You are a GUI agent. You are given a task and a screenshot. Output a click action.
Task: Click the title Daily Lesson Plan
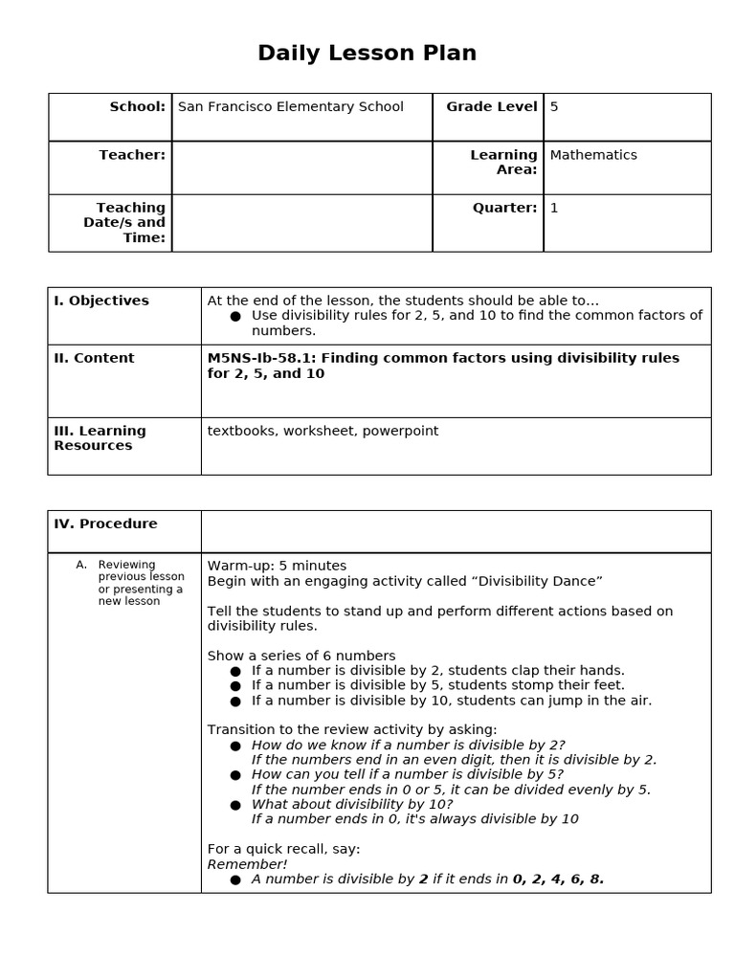pyautogui.click(x=367, y=54)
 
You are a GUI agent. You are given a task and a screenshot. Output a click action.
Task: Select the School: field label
pyautogui.click(x=137, y=107)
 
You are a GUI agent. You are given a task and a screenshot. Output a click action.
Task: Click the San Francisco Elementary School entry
pyautogui.click(x=290, y=107)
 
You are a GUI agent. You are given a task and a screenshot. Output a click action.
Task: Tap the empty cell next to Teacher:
pyautogui.click(x=301, y=167)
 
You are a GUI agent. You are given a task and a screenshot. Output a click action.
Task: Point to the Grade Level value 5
pyautogui.click(x=554, y=107)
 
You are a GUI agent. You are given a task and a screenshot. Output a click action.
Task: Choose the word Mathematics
pyautogui.click(x=592, y=155)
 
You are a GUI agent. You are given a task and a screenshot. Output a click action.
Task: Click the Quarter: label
pyautogui.click(x=504, y=208)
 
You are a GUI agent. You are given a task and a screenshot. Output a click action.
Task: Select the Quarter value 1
pyautogui.click(x=554, y=208)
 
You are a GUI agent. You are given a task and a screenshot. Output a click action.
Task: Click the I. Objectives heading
pyautogui.click(x=101, y=301)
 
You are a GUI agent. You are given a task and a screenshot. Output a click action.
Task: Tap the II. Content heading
pyautogui.click(x=94, y=358)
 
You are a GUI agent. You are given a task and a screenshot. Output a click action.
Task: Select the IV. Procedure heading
pyautogui.click(x=105, y=523)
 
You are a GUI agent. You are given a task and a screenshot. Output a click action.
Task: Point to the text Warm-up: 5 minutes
pyautogui.click(x=277, y=566)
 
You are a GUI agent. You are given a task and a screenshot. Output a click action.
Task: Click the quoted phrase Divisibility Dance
pyautogui.click(x=540, y=581)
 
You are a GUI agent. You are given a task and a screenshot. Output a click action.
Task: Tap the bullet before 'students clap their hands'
pyautogui.click(x=235, y=671)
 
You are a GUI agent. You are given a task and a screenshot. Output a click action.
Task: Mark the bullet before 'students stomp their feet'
pyautogui.click(x=235, y=685)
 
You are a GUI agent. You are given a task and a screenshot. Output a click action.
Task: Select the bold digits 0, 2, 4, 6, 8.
pyautogui.click(x=558, y=879)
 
